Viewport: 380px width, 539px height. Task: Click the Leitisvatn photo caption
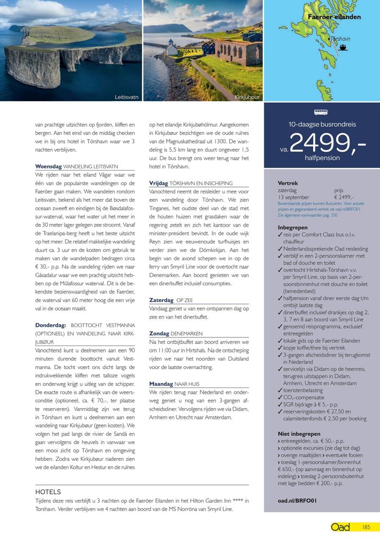126,97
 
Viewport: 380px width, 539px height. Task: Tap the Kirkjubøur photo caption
247,97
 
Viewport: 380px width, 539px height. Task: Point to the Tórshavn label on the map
340,39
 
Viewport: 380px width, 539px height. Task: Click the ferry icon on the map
343,47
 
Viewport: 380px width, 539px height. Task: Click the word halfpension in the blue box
322,158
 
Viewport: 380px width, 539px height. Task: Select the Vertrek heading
288,183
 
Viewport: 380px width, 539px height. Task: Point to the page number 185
366,527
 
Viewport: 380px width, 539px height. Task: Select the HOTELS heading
48,492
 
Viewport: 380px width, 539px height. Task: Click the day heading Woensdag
48,166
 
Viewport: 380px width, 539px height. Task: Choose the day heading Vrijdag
159,183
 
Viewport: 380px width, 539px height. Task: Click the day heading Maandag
161,384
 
